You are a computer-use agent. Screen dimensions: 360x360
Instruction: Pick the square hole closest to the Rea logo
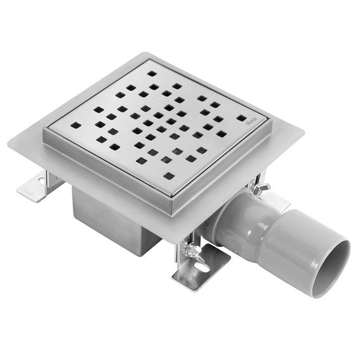[x=241, y=118]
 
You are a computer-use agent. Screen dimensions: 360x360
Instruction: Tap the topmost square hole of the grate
[x=153, y=74]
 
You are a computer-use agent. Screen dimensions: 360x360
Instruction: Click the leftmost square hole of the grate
[x=75, y=125]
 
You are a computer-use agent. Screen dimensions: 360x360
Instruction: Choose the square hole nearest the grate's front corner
[x=168, y=176]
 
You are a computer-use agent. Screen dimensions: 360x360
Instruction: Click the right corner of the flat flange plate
[x=302, y=134]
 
